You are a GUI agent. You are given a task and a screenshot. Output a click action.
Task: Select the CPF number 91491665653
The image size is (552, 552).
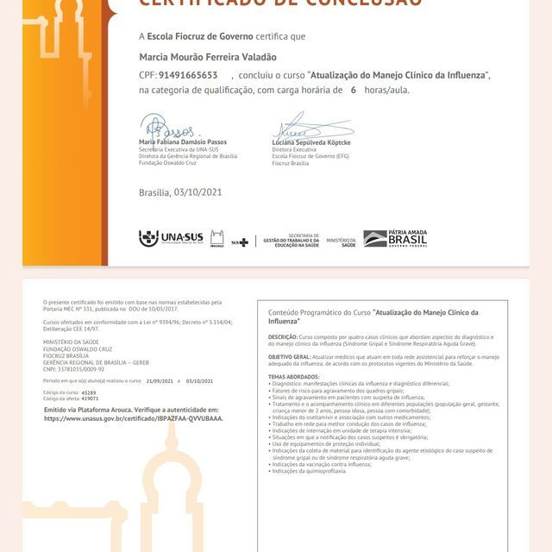click(188, 75)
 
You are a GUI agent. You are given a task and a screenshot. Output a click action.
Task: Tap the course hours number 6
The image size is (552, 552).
click(353, 90)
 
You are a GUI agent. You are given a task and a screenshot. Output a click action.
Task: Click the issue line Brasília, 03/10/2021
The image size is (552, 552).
click(180, 191)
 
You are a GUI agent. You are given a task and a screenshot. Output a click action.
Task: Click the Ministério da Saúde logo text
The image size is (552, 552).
click(341, 242)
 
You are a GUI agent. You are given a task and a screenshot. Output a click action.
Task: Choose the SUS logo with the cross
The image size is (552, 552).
click(240, 242)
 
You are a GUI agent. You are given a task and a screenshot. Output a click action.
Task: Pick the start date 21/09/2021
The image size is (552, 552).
click(160, 380)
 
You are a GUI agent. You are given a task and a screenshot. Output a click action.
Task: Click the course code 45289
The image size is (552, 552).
click(89, 392)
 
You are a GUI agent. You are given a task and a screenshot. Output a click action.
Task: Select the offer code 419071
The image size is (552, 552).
click(90, 398)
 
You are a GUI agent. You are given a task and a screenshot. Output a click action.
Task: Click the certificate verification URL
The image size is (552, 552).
click(133, 418)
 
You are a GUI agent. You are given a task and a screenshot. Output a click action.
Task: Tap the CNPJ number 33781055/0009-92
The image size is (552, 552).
click(73, 368)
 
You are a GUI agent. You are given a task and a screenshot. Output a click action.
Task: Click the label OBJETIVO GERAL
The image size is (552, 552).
click(289, 355)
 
